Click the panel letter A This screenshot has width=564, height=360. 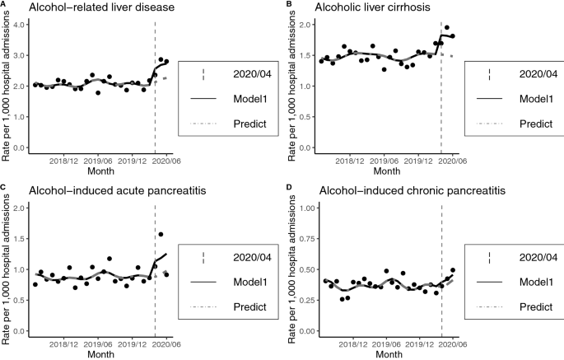tap(3, 4)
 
